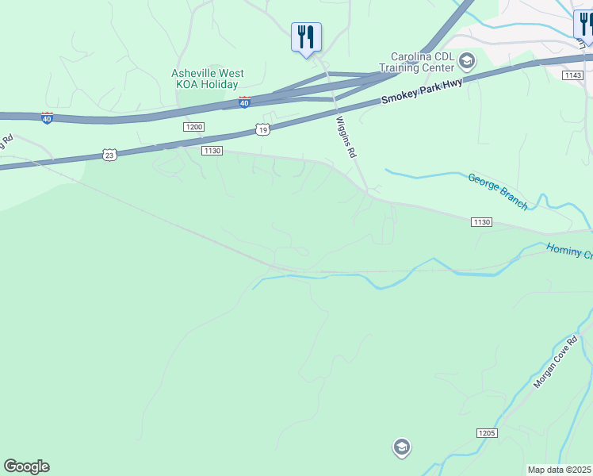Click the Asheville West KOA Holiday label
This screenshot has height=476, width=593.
(x=208, y=79)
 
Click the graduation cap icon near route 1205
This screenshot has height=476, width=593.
(x=402, y=447)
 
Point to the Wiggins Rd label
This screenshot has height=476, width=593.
(x=345, y=136)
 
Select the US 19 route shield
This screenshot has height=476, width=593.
(x=263, y=129)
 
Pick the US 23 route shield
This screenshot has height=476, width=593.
(x=109, y=155)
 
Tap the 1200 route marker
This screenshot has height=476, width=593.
(x=193, y=127)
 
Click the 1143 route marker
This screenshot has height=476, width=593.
(x=573, y=75)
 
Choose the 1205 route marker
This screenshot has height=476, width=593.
(x=487, y=432)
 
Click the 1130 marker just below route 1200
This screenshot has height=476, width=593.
(x=212, y=151)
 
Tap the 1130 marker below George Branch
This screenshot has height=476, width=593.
(x=482, y=221)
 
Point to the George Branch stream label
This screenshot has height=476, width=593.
(x=497, y=191)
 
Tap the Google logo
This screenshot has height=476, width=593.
(x=26, y=466)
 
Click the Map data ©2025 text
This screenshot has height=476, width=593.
(x=560, y=470)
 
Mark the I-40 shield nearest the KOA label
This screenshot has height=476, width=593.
(x=244, y=102)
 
